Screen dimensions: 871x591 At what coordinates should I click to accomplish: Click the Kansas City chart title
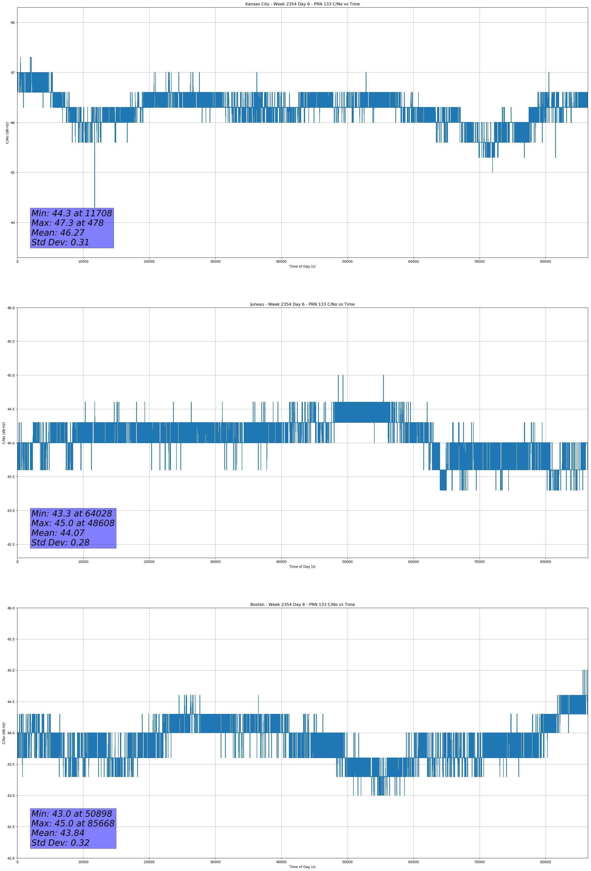click(302, 4)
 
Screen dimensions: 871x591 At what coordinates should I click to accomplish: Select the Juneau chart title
click(302, 304)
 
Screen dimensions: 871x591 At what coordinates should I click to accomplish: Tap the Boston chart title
click(302, 605)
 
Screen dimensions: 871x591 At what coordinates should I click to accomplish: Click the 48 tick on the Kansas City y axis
click(12, 23)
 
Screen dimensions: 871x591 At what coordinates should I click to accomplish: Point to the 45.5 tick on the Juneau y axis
click(11, 341)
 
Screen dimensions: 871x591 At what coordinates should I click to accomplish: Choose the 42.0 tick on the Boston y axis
click(11, 858)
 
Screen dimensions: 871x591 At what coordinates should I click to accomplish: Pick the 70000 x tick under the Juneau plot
click(479, 562)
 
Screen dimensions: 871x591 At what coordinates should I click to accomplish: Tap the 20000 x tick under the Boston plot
click(149, 862)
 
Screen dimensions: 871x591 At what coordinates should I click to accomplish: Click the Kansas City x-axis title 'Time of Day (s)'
click(302, 266)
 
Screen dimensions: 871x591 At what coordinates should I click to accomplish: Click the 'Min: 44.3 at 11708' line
click(72, 214)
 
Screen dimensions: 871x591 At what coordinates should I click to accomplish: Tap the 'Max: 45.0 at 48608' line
click(73, 523)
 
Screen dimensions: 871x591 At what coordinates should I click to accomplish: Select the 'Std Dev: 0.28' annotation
click(60, 543)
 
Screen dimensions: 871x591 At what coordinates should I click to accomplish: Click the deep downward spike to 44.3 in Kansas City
click(94, 187)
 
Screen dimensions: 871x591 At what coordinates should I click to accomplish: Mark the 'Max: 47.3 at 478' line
click(67, 223)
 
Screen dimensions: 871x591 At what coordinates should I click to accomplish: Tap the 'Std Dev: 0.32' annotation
click(60, 843)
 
